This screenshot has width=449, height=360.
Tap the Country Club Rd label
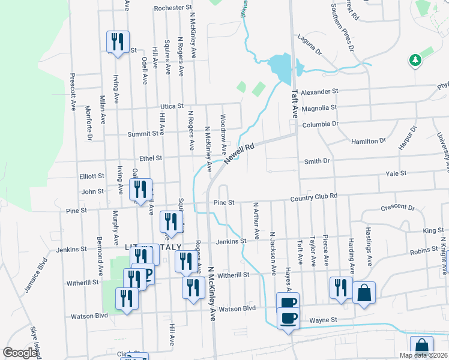pyautogui.click(x=314, y=196)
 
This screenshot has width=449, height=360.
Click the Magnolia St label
pyautogui.click(x=319, y=108)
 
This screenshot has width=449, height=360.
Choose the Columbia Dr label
pyautogui.click(x=321, y=124)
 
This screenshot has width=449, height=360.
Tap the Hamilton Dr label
pyautogui.click(x=369, y=140)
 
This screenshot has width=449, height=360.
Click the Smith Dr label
pyautogui.click(x=318, y=161)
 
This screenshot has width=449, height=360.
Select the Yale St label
pyautogui.click(x=396, y=173)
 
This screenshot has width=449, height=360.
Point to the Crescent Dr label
pyautogui.click(x=398, y=209)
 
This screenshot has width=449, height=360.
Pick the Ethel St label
pyautogui.click(x=151, y=159)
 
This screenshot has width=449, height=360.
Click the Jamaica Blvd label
pyautogui.click(x=35, y=274)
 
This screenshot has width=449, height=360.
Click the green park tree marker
pyautogui.click(x=414, y=60)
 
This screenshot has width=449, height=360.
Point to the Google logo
pyautogui.click(x=20, y=353)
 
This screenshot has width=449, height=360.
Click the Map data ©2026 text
pyautogui.click(x=423, y=355)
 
